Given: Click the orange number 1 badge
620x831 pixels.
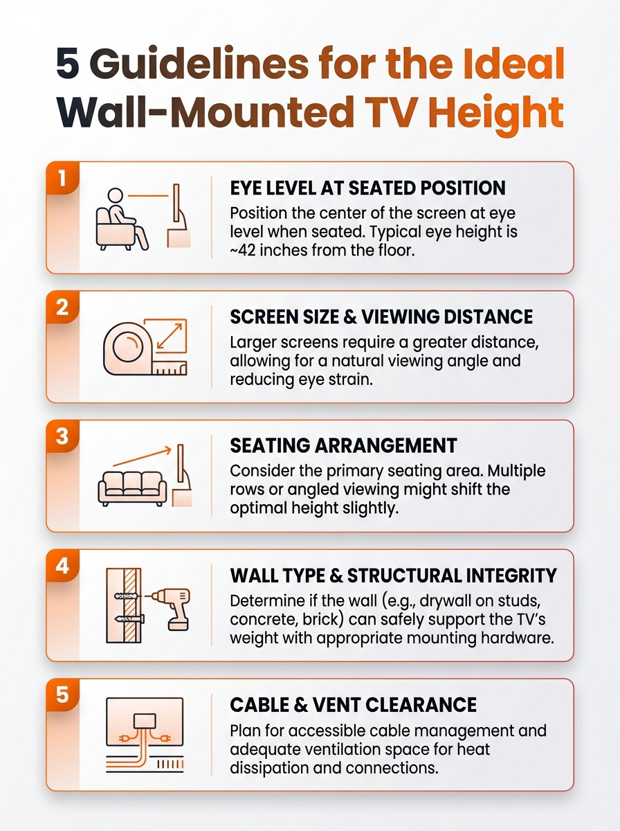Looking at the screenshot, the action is (62, 178).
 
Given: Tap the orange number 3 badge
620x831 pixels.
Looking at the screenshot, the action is (62, 436).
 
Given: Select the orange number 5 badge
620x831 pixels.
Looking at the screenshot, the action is (62, 695).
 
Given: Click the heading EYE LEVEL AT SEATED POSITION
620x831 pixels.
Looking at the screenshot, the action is (367, 188).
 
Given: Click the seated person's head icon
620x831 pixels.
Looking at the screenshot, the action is (116, 196).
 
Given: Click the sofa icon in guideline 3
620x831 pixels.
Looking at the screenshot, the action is (132, 488).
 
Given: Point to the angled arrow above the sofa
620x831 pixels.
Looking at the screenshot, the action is (143, 456).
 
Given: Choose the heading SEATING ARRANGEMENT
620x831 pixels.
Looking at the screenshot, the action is (343, 445).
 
